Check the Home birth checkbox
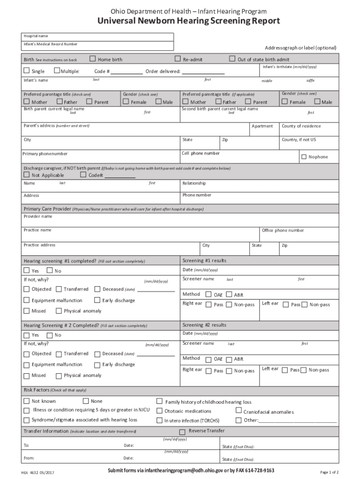click(x=93, y=59)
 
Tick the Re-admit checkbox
click(x=178, y=59)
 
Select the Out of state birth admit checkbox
click(x=232, y=59)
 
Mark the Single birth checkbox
click(x=27, y=71)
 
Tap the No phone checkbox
click(x=304, y=157)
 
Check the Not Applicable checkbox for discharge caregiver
click(x=27, y=175)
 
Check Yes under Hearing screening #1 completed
click(x=27, y=271)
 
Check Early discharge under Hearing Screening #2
click(x=97, y=364)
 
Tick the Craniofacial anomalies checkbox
click(x=238, y=411)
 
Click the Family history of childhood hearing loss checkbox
click(x=159, y=401)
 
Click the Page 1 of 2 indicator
click(x=329, y=472)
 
